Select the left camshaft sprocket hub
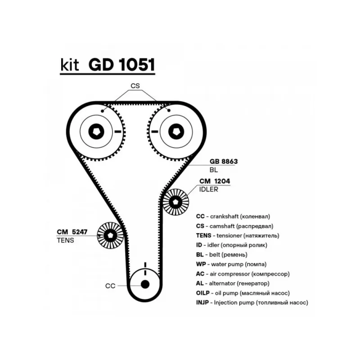(x=96, y=131)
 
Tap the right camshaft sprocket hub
(x=175, y=131)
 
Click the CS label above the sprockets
(x=135, y=85)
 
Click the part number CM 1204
(x=215, y=181)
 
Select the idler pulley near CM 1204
(x=175, y=201)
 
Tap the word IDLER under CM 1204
(x=208, y=189)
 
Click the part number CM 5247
(x=72, y=232)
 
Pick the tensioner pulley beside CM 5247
(x=110, y=235)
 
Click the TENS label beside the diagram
(x=65, y=240)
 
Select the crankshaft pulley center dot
(x=144, y=284)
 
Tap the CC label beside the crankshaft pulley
(x=111, y=285)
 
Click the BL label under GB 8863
(x=213, y=170)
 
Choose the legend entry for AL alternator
(x=233, y=283)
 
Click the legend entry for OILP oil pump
(x=243, y=293)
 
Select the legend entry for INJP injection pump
(x=252, y=303)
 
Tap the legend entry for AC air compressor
(x=243, y=274)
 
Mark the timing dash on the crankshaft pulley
(x=144, y=265)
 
